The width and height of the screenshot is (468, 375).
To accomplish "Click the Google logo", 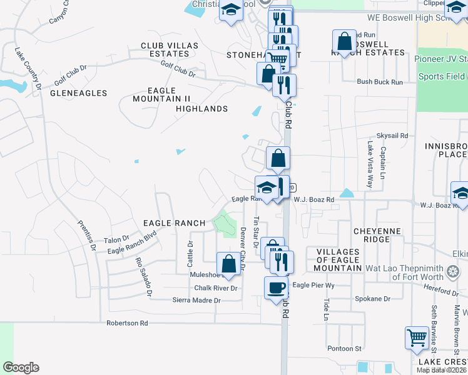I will coord(21,367).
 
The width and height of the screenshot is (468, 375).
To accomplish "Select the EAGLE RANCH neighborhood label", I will coord(175,223).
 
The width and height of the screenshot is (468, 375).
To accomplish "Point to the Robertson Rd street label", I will coord(127,323).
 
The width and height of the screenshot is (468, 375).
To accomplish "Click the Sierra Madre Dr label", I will coord(197,301).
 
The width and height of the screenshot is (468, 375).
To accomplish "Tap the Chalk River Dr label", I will coord(216,288).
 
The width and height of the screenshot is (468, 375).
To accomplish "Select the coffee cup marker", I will coord(276,288).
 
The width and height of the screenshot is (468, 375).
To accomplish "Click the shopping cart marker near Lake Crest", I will coord(416,338).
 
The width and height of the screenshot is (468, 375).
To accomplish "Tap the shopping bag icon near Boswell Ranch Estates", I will coord(344,42).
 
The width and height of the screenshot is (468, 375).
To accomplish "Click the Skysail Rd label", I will coord(392,135).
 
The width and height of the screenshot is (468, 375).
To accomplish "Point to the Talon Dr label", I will coord(116,239).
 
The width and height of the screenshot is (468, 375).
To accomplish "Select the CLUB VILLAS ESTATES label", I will coord(170,50).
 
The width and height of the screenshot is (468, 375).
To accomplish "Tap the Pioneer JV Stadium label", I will coord(440,59).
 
